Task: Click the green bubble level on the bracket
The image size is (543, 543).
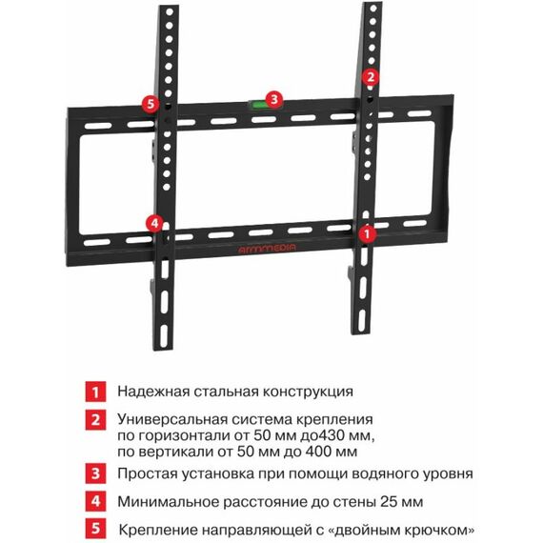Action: pyautogui.click(x=257, y=104)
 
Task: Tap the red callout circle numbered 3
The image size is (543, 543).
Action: pyautogui.click(x=274, y=99)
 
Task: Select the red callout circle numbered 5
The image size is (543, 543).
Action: pyautogui.click(x=151, y=103)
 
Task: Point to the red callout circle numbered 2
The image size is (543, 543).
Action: pyautogui.click(x=371, y=77)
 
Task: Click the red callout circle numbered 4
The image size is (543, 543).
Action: pyautogui.click(x=154, y=223)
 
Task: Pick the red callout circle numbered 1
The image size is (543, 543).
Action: pyautogui.click(x=367, y=233)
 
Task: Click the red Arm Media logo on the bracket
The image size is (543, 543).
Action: pyautogui.click(x=268, y=248)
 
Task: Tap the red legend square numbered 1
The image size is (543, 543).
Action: pyautogui.click(x=95, y=392)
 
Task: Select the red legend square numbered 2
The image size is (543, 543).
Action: pyautogui.click(x=95, y=421)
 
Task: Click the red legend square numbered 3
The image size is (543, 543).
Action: pyautogui.click(x=95, y=473)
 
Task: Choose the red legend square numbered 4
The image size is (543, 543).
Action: pyautogui.click(x=95, y=501)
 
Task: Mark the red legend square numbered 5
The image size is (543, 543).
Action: pyautogui.click(x=95, y=529)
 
